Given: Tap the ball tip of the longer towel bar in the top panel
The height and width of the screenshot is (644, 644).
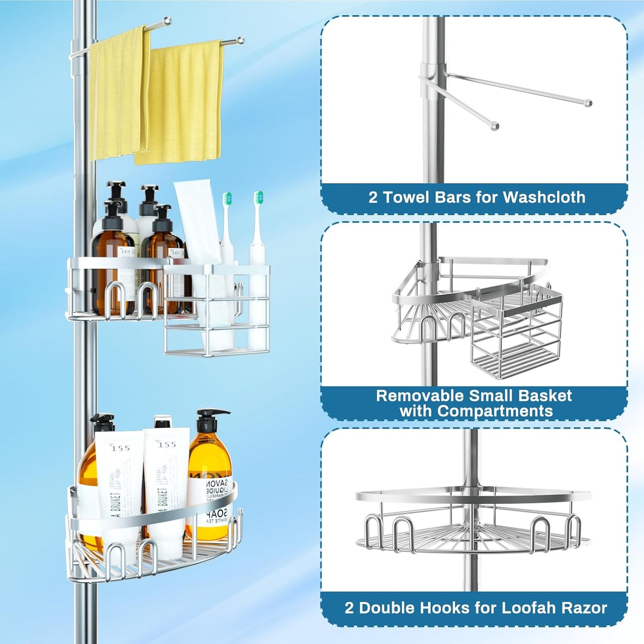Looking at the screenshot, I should [588, 103].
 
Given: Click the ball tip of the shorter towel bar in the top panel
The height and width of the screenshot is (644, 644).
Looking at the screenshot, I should [494, 127].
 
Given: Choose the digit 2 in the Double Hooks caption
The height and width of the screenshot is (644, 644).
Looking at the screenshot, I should [349, 607].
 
